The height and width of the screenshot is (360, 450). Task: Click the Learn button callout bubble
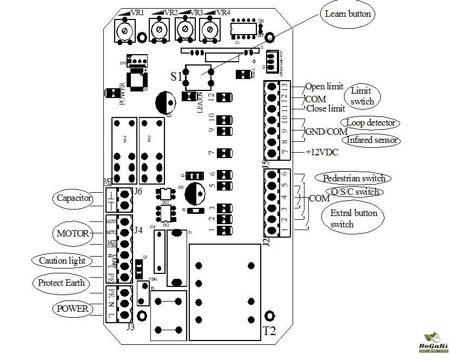[348, 14]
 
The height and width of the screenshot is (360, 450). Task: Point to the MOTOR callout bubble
[72, 234]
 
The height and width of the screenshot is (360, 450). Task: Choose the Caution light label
[62, 260]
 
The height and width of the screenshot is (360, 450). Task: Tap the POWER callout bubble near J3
[72, 309]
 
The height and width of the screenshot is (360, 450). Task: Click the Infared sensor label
[373, 140]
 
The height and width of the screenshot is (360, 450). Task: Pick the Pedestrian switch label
[354, 178]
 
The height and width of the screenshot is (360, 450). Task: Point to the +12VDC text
[322, 153]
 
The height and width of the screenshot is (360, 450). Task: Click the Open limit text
[325, 87]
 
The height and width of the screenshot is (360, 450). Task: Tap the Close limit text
[325, 109]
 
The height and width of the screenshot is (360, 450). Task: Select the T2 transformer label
[269, 330]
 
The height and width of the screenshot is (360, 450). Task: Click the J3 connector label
[130, 327]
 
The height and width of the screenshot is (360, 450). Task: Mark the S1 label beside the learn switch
[176, 76]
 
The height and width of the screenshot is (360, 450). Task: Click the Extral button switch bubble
[357, 218]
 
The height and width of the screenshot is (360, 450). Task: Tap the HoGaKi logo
[433, 344]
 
